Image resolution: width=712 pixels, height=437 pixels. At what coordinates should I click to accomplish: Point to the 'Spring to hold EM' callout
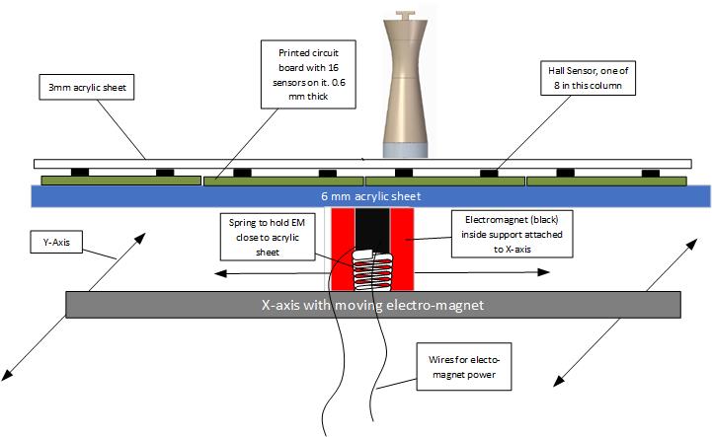254,236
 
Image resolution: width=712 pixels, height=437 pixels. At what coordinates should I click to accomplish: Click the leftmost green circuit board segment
118,182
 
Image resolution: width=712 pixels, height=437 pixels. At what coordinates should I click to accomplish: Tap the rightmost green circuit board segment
606,182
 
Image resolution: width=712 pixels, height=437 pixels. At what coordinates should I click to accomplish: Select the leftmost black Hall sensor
79,174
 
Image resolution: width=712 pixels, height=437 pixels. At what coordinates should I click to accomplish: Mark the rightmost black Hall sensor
650,174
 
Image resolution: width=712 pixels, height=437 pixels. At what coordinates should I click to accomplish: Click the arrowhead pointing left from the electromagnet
219,270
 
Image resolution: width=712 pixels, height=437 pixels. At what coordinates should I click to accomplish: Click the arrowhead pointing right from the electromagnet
546,270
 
